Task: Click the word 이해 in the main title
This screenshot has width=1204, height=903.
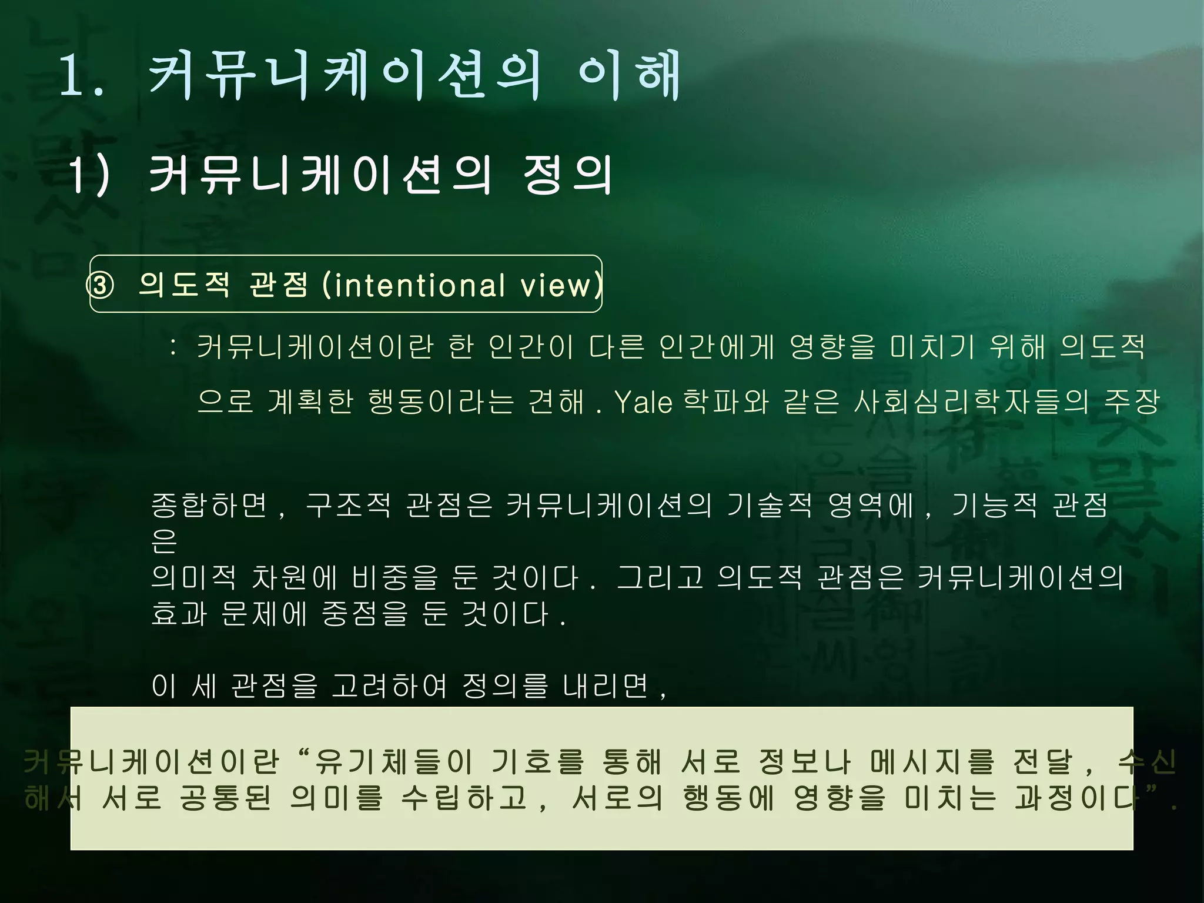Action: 629,75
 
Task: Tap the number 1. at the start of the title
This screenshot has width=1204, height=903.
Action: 82,76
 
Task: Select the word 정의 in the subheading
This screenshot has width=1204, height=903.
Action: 567,175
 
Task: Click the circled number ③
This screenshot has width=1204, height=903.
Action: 101,286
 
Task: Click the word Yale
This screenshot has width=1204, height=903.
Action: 643,403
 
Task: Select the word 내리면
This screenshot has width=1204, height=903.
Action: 606,685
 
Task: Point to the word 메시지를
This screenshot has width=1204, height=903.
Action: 932,762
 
